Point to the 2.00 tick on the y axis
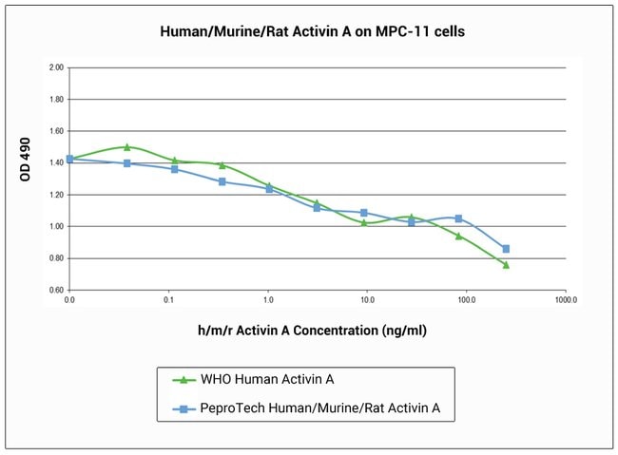pos(55,68)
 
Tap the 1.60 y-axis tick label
pos(55,131)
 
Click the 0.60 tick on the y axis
pos(55,290)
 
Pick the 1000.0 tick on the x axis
pos(566,299)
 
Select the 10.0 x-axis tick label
pos(367,299)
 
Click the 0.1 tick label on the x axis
pos(168,299)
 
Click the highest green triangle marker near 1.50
pos(126,146)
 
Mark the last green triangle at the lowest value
pos(506,264)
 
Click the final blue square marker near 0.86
pos(506,249)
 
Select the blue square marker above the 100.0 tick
pos(458,218)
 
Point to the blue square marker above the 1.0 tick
pos(269,189)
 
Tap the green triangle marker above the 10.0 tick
pos(364,222)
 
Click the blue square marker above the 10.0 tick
pos(364,212)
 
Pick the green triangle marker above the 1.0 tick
pos(269,185)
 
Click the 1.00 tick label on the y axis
pos(55,226)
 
